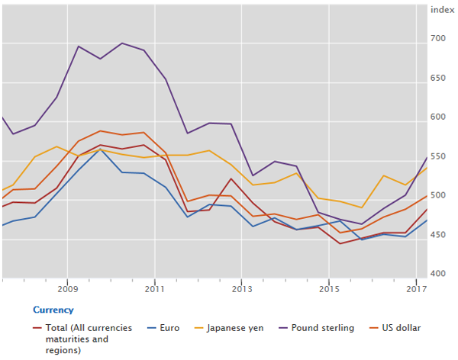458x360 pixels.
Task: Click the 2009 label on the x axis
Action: pos(68,290)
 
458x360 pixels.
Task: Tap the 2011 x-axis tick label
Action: pos(155,290)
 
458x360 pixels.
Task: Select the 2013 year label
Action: pos(242,290)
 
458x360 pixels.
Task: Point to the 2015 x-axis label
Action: pos(329,290)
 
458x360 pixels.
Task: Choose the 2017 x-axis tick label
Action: pos(416,290)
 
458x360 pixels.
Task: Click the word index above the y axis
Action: pos(441,9)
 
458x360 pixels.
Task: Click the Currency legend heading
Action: pos(53,310)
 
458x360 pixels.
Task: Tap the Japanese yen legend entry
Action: pos(237,328)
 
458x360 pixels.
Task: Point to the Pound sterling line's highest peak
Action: pos(122,43)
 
